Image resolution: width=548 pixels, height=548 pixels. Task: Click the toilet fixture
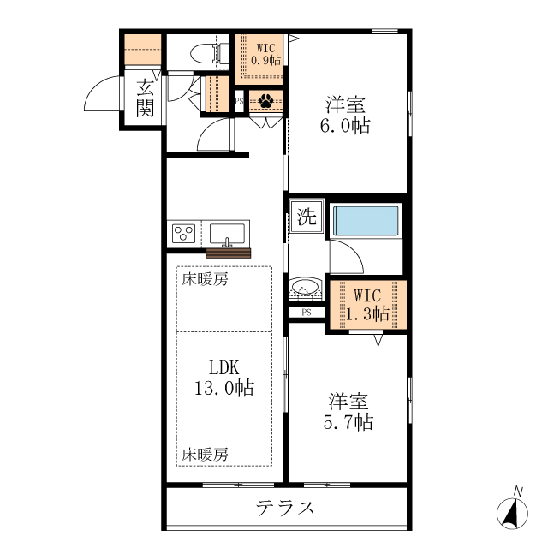point(203,52)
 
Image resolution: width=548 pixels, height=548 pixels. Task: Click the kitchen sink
point(227,232)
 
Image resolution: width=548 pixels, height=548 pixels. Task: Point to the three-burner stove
point(184,232)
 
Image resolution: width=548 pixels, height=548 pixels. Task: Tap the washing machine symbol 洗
point(305,217)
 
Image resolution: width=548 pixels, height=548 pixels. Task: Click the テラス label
point(286,509)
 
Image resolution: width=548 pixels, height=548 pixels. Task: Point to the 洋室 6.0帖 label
point(346,116)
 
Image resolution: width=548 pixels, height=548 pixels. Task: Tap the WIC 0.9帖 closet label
point(267,54)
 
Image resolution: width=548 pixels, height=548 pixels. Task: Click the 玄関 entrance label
point(145,97)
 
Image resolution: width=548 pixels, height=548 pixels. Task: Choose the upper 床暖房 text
point(204,279)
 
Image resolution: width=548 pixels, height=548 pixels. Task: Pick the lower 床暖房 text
point(204,454)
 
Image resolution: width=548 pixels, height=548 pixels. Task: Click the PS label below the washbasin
point(306,313)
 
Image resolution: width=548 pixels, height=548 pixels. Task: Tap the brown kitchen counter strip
point(229,252)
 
